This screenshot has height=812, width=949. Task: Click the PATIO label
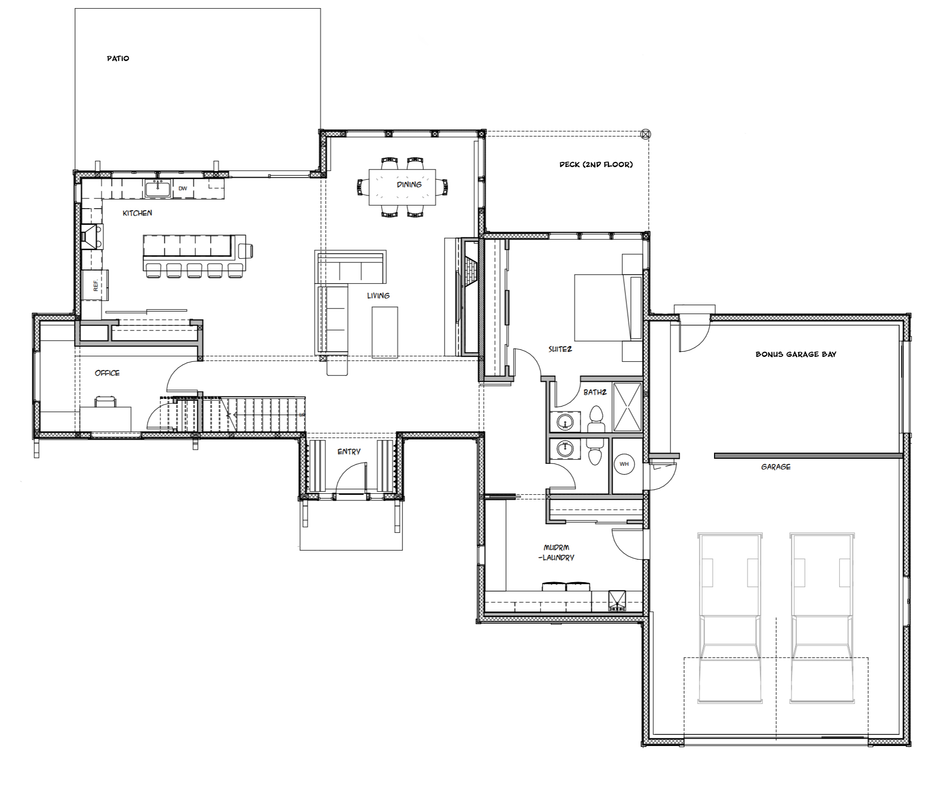click(x=118, y=58)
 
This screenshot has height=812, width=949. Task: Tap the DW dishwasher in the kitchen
click(x=183, y=188)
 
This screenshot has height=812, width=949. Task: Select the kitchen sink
click(x=158, y=188)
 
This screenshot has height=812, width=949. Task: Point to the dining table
click(x=402, y=187)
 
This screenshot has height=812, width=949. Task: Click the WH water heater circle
click(x=624, y=464)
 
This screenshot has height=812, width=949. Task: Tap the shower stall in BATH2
click(x=627, y=407)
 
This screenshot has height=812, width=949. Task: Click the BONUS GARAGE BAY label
click(x=796, y=354)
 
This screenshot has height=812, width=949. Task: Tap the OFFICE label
click(x=107, y=373)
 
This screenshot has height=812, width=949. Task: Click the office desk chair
click(x=105, y=401)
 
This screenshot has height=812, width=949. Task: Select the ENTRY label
click(x=349, y=452)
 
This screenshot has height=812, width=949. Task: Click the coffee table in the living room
click(x=385, y=332)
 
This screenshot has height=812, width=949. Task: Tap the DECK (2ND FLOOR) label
click(x=596, y=164)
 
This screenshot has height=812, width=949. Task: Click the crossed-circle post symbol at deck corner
click(x=646, y=134)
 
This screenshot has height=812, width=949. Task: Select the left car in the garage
click(x=730, y=618)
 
